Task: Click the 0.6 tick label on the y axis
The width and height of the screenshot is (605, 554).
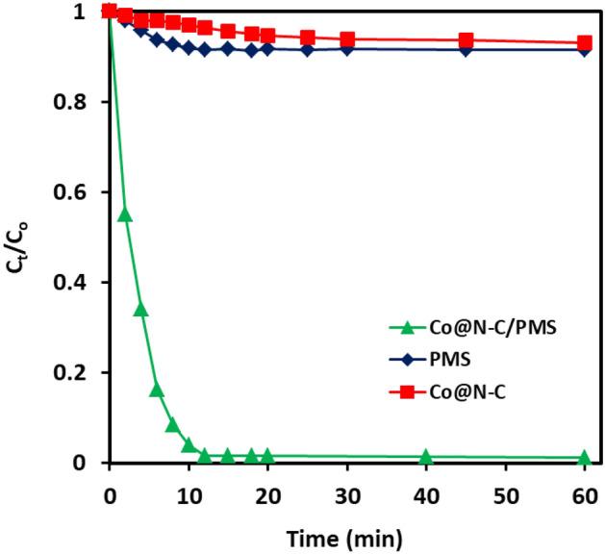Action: coord(74,192)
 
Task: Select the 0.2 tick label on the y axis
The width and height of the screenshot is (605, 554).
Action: coord(74,373)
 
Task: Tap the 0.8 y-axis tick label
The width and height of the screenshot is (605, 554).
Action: coord(74,102)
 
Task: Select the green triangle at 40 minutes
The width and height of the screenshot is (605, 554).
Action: coord(425,456)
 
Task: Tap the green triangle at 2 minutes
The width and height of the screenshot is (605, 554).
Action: coord(125,214)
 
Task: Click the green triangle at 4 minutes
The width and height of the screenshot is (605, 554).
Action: coord(140,309)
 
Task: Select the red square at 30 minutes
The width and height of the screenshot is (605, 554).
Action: coord(347,39)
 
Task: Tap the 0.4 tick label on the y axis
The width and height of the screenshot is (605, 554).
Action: coord(74,283)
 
